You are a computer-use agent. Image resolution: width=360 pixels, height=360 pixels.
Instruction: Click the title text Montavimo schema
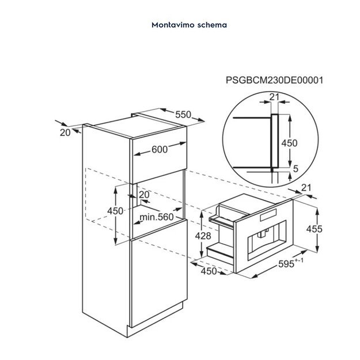(180, 25)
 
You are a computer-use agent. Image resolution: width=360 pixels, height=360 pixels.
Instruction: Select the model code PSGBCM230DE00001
(274, 81)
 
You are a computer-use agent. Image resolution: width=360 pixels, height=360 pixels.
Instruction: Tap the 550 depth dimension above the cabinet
(183, 115)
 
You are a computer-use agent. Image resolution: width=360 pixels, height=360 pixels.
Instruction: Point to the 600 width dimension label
(160, 149)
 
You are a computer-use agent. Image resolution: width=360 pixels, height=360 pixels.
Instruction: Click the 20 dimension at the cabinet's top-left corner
(65, 132)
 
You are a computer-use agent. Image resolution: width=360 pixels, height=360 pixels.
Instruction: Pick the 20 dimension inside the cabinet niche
(143, 195)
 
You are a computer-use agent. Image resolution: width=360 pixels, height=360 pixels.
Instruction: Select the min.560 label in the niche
(157, 217)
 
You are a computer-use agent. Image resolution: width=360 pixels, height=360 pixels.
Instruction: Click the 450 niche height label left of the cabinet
(115, 211)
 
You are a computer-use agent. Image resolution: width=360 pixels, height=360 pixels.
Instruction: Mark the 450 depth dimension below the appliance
(208, 271)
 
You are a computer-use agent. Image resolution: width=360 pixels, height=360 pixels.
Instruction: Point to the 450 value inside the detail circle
(289, 143)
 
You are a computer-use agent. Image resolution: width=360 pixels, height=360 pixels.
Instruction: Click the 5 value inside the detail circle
(295, 169)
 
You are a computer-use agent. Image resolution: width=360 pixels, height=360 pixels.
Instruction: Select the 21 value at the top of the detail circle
(274, 97)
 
